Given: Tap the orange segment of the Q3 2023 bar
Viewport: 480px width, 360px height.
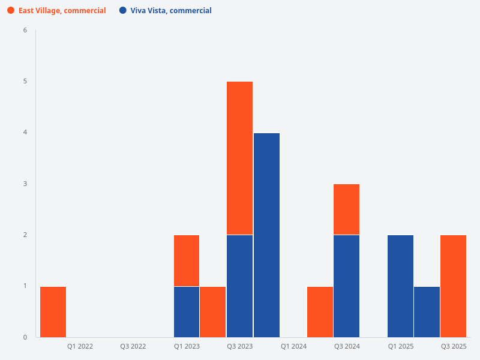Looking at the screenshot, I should [x=239, y=158].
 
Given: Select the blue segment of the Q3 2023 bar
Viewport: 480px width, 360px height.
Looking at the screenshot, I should [x=239, y=286].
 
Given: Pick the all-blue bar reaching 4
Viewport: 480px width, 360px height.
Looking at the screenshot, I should [x=266, y=235].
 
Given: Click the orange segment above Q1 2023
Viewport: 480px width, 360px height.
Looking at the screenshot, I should [x=187, y=260].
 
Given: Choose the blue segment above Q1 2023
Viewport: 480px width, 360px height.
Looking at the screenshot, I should [x=187, y=311].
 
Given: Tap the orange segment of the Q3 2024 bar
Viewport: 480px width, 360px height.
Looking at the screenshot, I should [x=346, y=209].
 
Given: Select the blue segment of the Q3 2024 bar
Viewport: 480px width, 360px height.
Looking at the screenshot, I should [x=346, y=286].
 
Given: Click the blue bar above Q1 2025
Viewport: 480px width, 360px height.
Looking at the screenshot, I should [x=400, y=286].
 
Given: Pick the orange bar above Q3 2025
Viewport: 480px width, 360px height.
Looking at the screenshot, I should [x=453, y=286].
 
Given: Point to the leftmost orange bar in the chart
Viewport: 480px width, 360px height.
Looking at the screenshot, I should [x=53, y=311].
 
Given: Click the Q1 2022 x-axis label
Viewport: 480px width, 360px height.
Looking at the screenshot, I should [x=80, y=346].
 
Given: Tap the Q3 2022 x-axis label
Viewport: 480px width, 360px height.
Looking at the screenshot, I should [x=133, y=346].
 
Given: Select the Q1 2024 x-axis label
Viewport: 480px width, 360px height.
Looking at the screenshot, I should [x=293, y=346].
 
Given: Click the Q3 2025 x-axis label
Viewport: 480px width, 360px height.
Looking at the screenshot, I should [x=454, y=346].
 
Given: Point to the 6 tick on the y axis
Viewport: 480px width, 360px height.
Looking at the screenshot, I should [x=25, y=30].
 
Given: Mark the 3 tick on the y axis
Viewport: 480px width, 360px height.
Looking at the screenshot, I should [x=25, y=184].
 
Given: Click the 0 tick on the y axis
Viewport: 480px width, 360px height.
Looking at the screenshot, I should [x=25, y=337].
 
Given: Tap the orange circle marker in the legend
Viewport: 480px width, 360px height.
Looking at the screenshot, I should [x=11, y=10].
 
